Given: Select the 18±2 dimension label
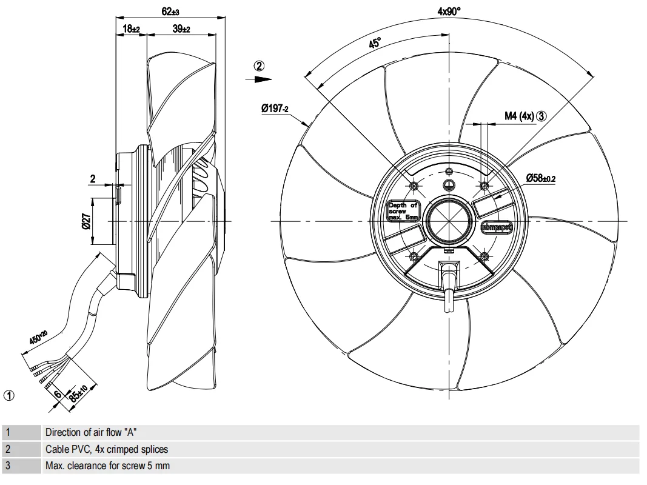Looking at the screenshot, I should tap(131, 29).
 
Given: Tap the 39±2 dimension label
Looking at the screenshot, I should tap(181, 29).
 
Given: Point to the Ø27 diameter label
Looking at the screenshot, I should tap(86, 222).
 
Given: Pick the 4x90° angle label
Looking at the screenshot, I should tap(449, 11).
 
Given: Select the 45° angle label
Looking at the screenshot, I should tap(375, 43).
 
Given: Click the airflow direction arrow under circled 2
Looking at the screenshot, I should tap(259, 79).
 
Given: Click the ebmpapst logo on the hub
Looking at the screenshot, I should tap(497, 227).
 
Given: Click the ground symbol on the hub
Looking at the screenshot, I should tap(448, 186).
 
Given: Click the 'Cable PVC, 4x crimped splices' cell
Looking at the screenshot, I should tap(107, 449).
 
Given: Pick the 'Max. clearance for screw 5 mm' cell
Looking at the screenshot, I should tap(107, 466).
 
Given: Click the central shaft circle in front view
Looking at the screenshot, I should tap(448, 221).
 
